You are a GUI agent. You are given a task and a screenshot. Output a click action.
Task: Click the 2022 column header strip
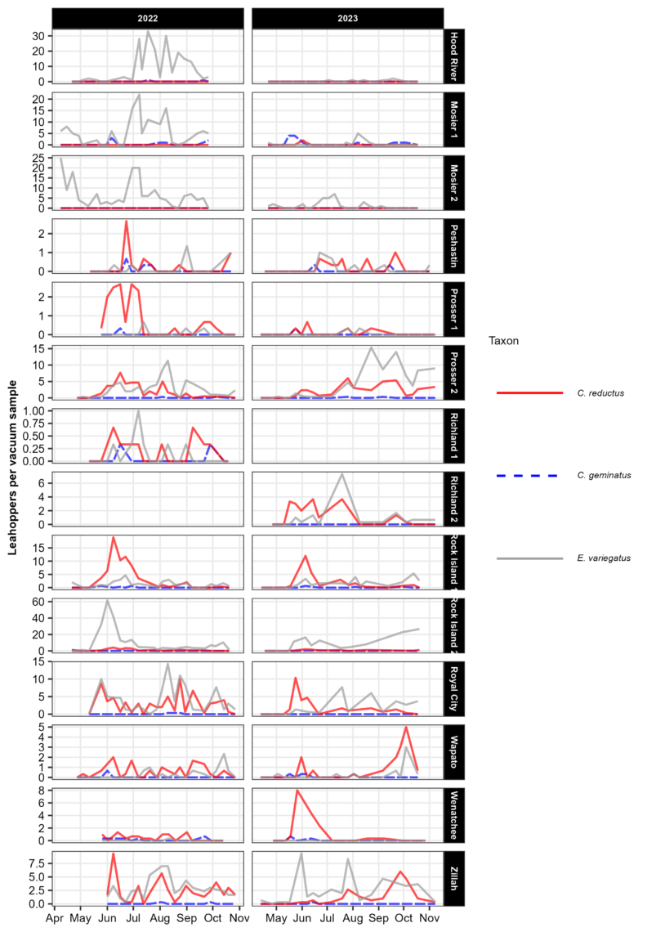147,18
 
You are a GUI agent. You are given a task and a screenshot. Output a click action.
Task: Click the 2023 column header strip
347,18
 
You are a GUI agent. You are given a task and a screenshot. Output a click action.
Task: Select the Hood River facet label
455,56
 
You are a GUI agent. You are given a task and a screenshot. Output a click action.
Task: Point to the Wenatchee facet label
455,812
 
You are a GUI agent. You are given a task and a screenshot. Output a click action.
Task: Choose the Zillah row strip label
455,875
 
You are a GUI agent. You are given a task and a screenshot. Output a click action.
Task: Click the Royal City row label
455,686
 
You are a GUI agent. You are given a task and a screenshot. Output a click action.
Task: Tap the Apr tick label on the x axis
55,918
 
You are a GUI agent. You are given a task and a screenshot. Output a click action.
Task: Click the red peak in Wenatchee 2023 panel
297,791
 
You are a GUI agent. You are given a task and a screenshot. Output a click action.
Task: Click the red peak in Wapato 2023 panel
406,728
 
